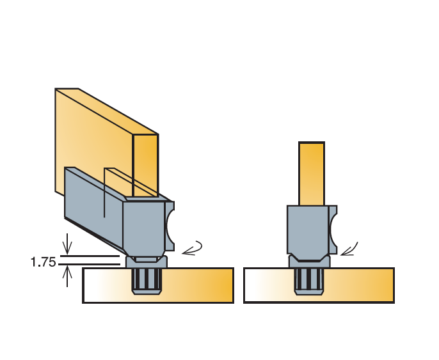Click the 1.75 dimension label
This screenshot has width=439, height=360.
tap(43, 262)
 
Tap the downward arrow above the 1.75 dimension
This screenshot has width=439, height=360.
tap(67, 244)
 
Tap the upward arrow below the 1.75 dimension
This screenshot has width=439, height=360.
tap(67, 276)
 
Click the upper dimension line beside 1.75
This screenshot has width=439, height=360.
tap(90, 256)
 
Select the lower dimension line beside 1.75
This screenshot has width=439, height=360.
tap(90, 264)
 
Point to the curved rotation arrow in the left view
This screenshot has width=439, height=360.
tap(193, 248)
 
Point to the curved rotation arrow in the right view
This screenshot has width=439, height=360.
tap(349, 249)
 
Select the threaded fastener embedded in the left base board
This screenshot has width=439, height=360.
tap(147, 281)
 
